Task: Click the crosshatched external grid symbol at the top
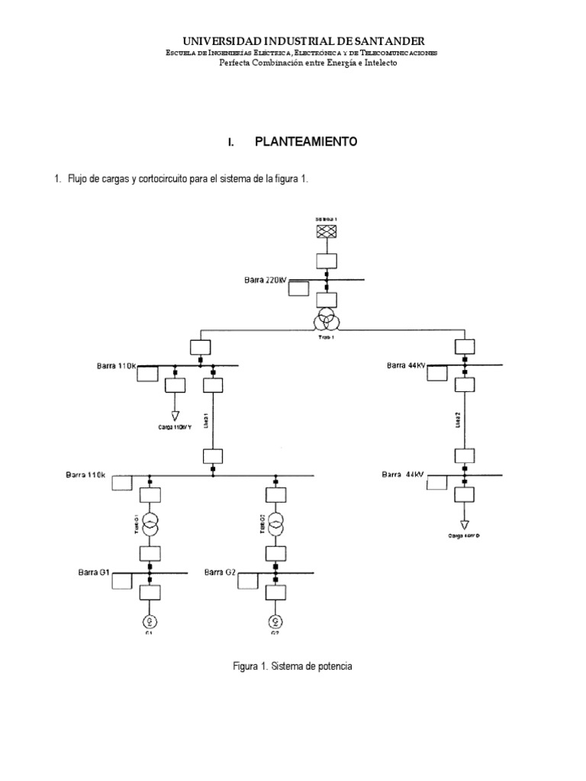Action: [x=327, y=232]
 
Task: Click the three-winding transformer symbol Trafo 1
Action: [x=327, y=315]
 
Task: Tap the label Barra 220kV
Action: [x=265, y=281]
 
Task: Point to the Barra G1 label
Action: [x=95, y=571]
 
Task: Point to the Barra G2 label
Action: [x=221, y=571]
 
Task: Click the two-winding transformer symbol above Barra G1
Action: [x=150, y=525]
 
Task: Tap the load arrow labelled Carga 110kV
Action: [x=175, y=415]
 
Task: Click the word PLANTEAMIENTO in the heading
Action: [x=305, y=143]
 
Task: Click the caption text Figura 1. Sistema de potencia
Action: [x=293, y=666]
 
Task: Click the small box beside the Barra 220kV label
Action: [x=300, y=288]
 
